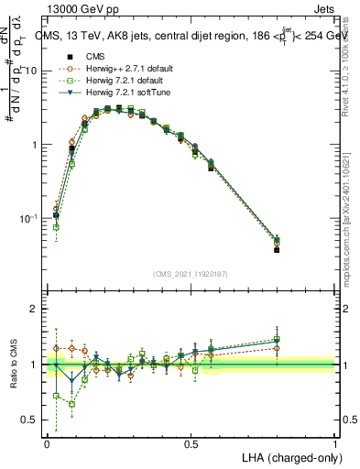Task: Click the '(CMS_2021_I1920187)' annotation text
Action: (190, 274)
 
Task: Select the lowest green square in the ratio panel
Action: (71, 404)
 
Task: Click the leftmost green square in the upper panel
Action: (56, 227)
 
